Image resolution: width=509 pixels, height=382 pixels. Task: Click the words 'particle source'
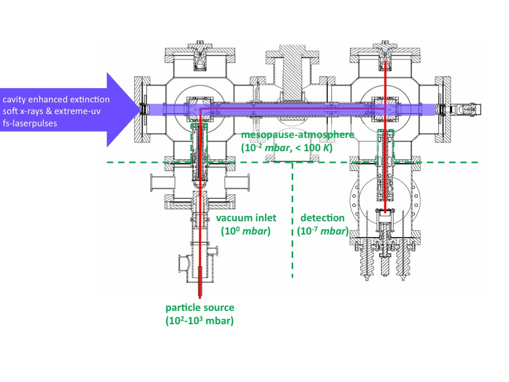click(x=199, y=308)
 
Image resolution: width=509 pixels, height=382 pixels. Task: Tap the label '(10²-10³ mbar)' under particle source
click(x=199, y=320)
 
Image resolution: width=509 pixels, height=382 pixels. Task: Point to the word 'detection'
click(x=322, y=218)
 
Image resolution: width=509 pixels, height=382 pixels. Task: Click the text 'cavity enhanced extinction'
click(x=56, y=100)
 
